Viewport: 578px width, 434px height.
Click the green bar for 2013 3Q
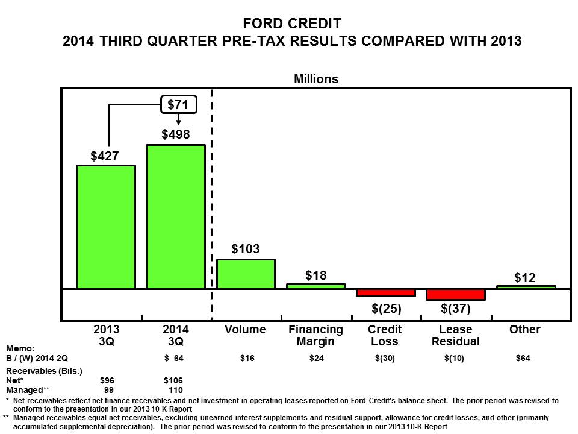105,227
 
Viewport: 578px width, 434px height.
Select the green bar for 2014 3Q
176,217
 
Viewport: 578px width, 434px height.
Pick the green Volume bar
246,274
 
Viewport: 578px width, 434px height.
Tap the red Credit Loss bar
386,293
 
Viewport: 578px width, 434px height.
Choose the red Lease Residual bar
456,295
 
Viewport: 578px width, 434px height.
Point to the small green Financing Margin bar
316,286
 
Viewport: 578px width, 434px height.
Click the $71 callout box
178,105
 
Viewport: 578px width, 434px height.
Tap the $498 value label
176,134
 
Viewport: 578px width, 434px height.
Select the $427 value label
105,156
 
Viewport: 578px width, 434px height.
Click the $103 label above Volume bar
246,248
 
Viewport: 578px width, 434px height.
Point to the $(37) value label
456,309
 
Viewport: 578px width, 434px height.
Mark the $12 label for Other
525,277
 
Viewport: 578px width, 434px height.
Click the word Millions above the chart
316,79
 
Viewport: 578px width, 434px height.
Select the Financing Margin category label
316,335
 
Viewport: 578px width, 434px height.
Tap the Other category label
524,330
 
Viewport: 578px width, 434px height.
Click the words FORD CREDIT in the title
292,24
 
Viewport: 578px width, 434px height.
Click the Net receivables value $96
107,380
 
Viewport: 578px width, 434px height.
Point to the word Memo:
20,348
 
